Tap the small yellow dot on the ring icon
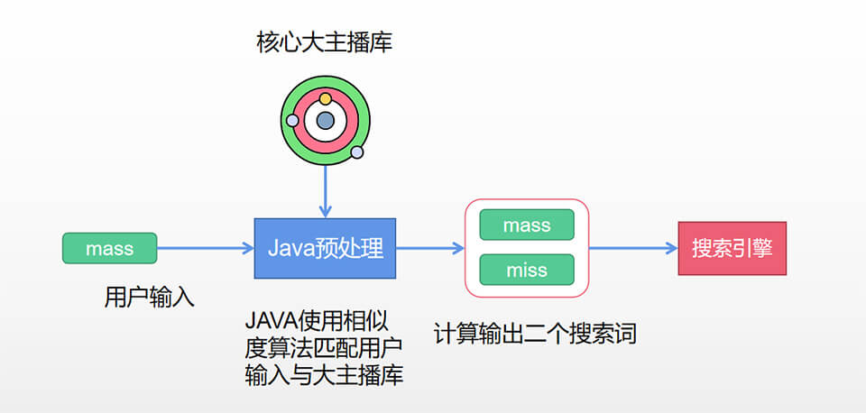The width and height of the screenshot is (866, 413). point(326,97)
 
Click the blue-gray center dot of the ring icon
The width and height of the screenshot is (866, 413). point(326,120)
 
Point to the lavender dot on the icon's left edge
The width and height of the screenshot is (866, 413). point(292,120)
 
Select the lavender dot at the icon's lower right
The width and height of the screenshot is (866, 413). point(357,152)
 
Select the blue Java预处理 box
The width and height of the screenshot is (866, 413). point(325,248)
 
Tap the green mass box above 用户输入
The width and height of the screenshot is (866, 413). point(109,248)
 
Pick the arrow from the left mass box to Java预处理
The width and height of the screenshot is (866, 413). point(205,248)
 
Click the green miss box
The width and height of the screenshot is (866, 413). point(527,270)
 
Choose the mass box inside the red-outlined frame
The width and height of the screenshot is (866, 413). point(527,225)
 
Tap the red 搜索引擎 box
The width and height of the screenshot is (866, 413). point(732,248)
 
